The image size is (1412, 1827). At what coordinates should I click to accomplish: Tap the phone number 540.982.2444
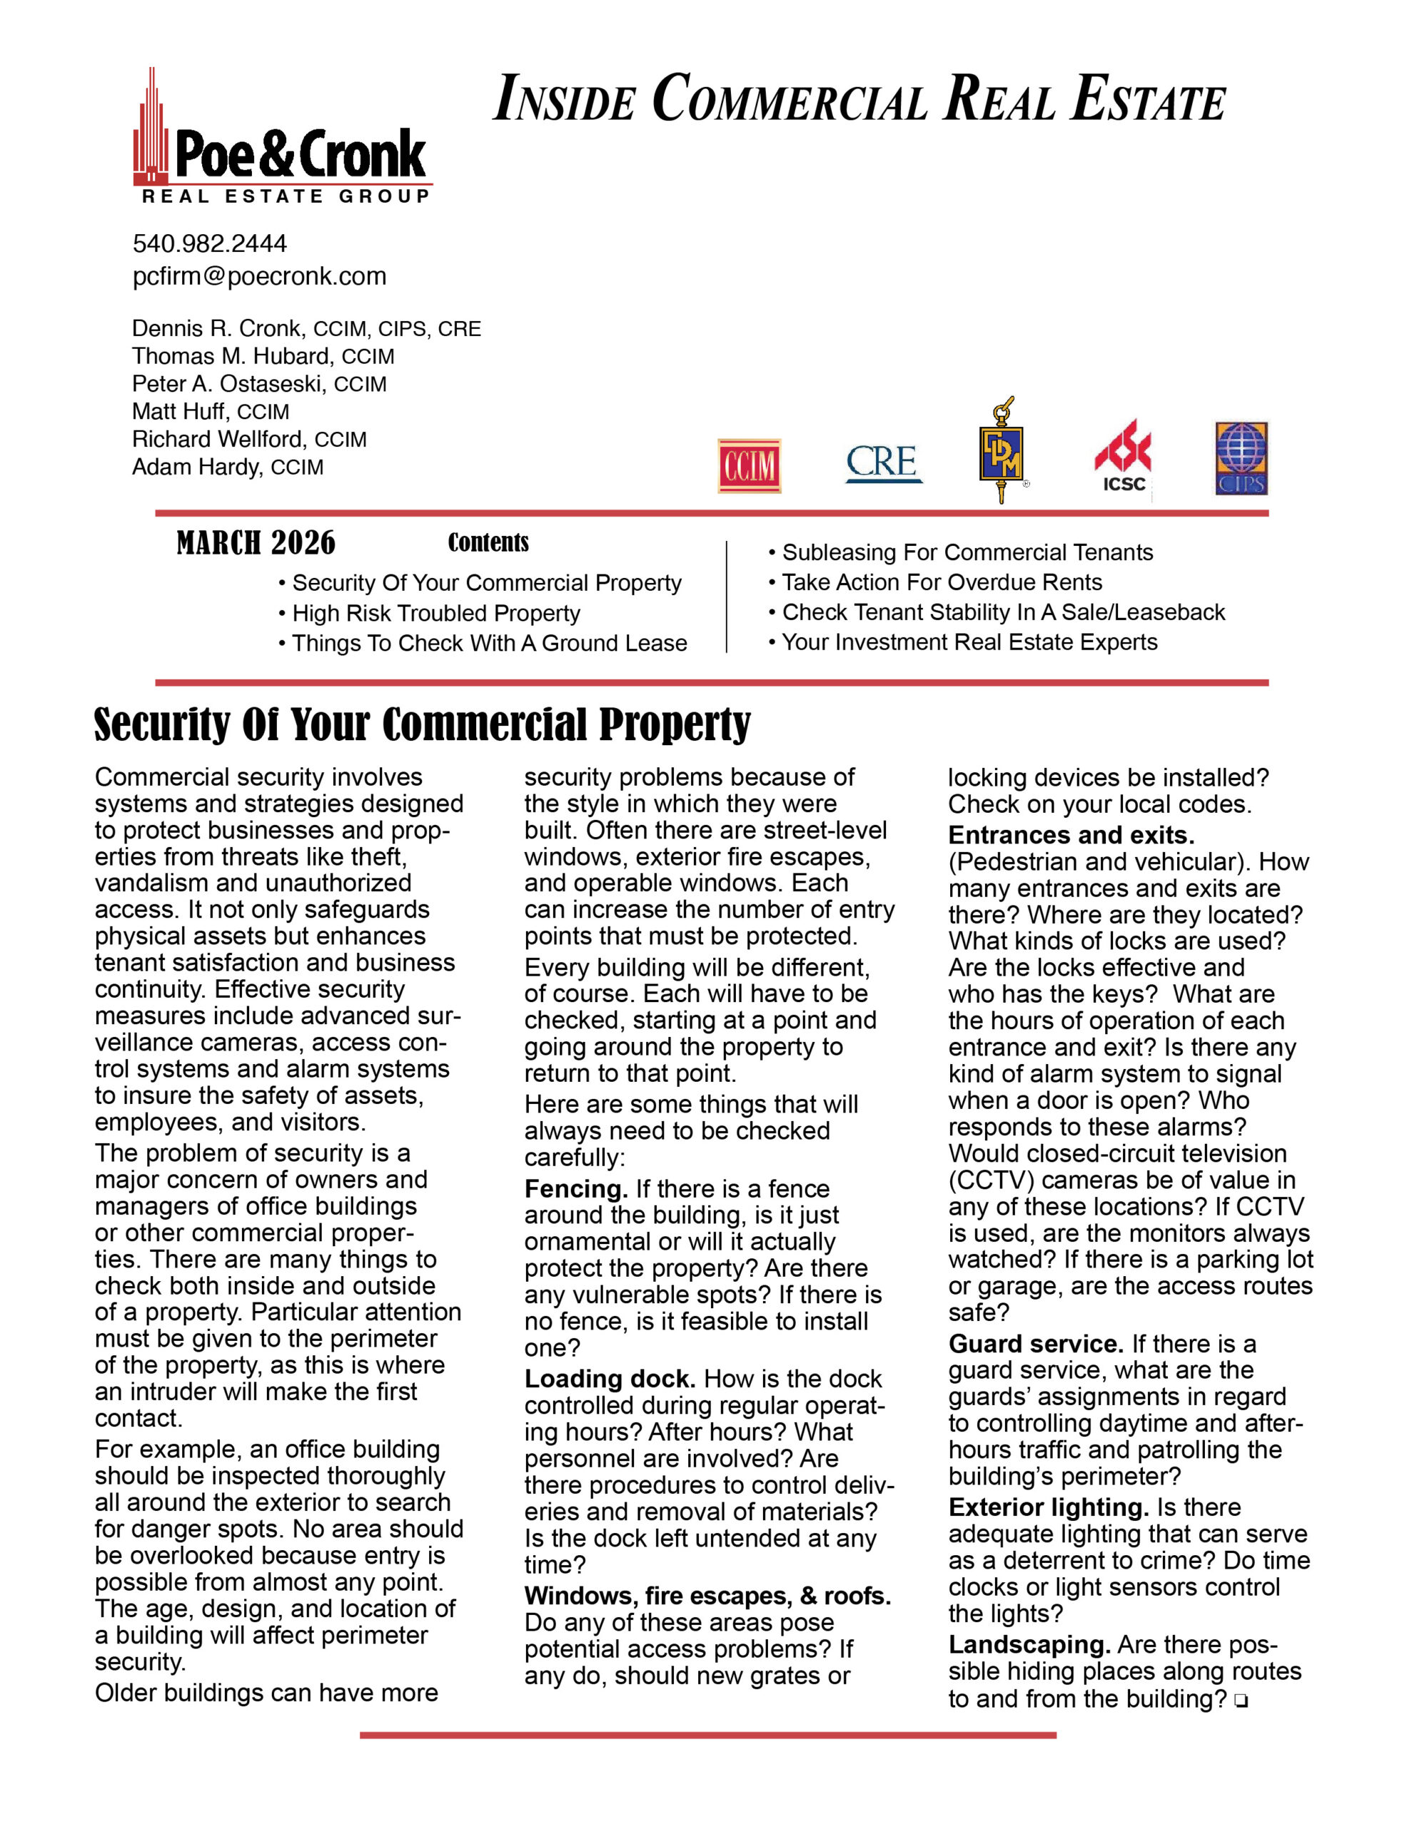[209, 243]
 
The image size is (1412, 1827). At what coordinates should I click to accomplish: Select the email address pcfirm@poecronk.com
[259, 276]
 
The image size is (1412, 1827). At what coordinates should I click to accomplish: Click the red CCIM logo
[749, 465]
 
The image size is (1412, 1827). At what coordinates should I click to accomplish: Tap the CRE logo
[883, 463]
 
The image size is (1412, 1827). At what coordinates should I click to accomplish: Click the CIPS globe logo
[1241, 458]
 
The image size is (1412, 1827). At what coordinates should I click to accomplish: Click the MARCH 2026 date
[256, 543]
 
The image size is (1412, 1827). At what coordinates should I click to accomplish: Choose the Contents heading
[488, 542]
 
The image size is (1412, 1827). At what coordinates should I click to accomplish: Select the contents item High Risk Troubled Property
[435, 613]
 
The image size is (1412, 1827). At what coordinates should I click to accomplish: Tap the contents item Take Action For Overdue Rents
[942, 582]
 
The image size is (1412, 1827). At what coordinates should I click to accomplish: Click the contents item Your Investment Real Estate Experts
[969, 642]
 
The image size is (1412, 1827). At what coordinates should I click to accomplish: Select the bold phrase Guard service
[1035, 1343]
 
